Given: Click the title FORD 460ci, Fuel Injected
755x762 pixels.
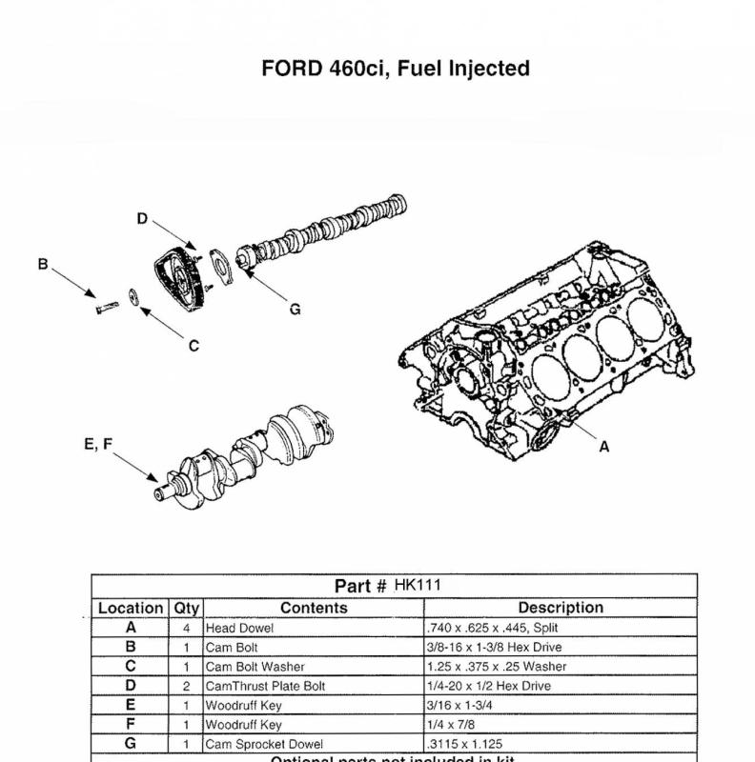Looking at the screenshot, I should point(395,69).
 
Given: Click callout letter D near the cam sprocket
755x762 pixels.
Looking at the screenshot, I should point(142,219).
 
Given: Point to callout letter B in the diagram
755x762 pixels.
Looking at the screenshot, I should point(43,264).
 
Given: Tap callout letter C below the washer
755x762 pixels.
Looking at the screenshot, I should point(194,345).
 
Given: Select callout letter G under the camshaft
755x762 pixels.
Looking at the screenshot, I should point(295,309).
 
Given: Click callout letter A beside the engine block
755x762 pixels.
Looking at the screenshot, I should point(603,446).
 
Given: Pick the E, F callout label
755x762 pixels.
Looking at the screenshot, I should point(98,443).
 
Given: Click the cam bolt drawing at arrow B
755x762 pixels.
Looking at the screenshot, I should point(106,307).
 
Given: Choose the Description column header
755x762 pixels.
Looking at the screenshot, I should point(561,608).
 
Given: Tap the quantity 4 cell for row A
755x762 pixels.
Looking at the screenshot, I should point(186,629).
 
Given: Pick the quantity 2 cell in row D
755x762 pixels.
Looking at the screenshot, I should point(186,686).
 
